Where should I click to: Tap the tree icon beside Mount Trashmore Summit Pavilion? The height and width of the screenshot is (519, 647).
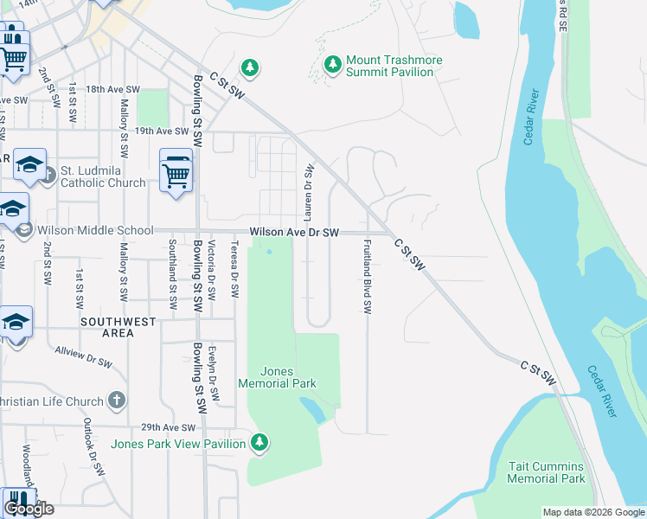[x=333, y=64]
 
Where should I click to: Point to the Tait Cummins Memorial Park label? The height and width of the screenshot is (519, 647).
[x=546, y=472]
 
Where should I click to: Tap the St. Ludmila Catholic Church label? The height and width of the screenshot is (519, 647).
[x=102, y=176]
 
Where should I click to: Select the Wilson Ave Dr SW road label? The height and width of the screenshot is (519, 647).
[x=294, y=233]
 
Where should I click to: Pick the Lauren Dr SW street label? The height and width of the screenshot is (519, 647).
[x=308, y=187]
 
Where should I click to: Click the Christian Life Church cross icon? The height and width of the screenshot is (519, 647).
[x=118, y=400]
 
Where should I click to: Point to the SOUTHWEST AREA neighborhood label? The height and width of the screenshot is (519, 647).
[x=119, y=327]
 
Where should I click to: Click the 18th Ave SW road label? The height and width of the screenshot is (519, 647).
[x=112, y=89]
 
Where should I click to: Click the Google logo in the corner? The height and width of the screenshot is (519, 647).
[x=29, y=509]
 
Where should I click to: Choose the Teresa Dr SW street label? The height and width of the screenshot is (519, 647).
[x=234, y=268]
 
